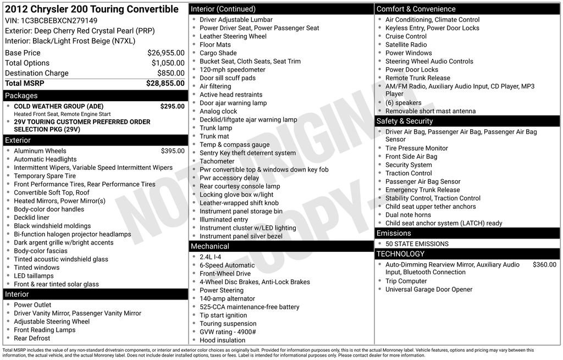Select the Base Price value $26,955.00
click(165, 53)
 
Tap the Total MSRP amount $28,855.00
click(165, 83)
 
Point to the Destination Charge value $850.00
click(170, 73)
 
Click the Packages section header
click(21, 96)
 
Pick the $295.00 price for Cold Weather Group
click(172, 106)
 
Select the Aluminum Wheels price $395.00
click(173, 151)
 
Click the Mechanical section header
click(210, 246)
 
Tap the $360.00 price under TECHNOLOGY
click(544, 264)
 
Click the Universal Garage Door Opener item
click(429, 290)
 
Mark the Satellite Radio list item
click(406, 45)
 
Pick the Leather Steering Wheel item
click(233, 36)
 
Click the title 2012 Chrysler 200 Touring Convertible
click(92, 9)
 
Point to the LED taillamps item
click(34, 276)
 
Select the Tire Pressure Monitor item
click(416, 148)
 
